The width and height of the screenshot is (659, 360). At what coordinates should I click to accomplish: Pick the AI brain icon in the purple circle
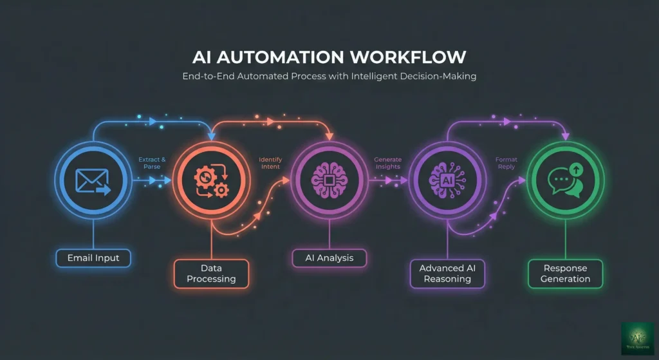[x=447, y=180]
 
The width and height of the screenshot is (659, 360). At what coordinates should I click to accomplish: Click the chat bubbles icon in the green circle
[x=565, y=180]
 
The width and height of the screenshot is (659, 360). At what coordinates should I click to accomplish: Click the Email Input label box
[x=93, y=258]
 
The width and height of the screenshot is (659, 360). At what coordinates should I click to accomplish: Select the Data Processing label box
[x=211, y=272]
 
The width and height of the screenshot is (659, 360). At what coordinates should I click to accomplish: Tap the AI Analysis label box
[x=329, y=258]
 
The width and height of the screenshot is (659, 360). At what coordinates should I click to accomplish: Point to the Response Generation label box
[x=566, y=273]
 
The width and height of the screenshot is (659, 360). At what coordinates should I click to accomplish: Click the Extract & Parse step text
[x=152, y=163]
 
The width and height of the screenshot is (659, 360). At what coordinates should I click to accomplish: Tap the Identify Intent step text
[x=270, y=163]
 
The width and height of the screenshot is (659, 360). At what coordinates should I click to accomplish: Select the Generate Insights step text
[x=388, y=163]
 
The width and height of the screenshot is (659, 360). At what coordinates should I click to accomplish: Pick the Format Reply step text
[x=506, y=163]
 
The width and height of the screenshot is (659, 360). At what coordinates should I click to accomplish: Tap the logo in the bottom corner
[x=636, y=338]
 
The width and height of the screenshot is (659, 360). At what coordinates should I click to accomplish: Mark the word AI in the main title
[x=203, y=57]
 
